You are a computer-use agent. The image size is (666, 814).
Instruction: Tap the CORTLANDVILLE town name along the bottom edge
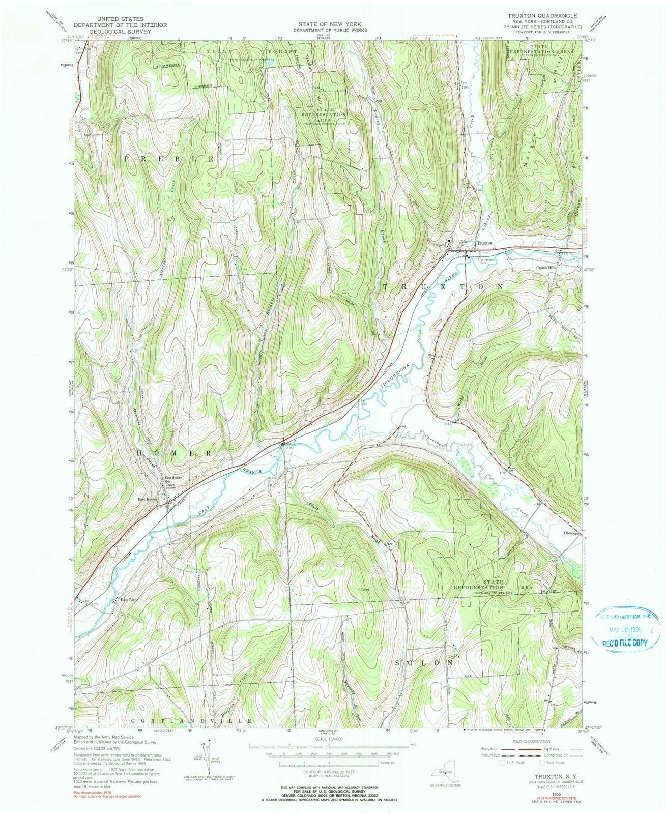click(191, 721)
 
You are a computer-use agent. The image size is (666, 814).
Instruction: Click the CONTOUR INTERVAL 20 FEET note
click(332, 771)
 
